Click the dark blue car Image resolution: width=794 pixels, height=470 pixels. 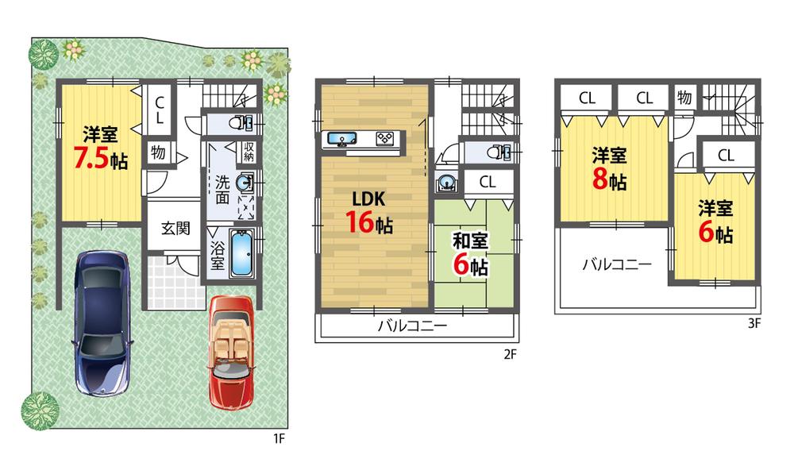pos(101,321)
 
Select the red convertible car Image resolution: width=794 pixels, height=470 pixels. pos(231,350)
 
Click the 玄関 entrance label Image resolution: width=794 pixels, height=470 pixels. pos(175,229)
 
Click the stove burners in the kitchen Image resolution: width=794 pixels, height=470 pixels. pos(386,138)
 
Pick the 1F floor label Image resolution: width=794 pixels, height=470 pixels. pos(279,437)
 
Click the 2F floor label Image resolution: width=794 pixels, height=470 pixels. pos(510,355)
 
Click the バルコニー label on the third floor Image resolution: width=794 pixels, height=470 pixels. pos(616,264)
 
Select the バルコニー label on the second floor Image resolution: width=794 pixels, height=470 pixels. pos(411,326)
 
